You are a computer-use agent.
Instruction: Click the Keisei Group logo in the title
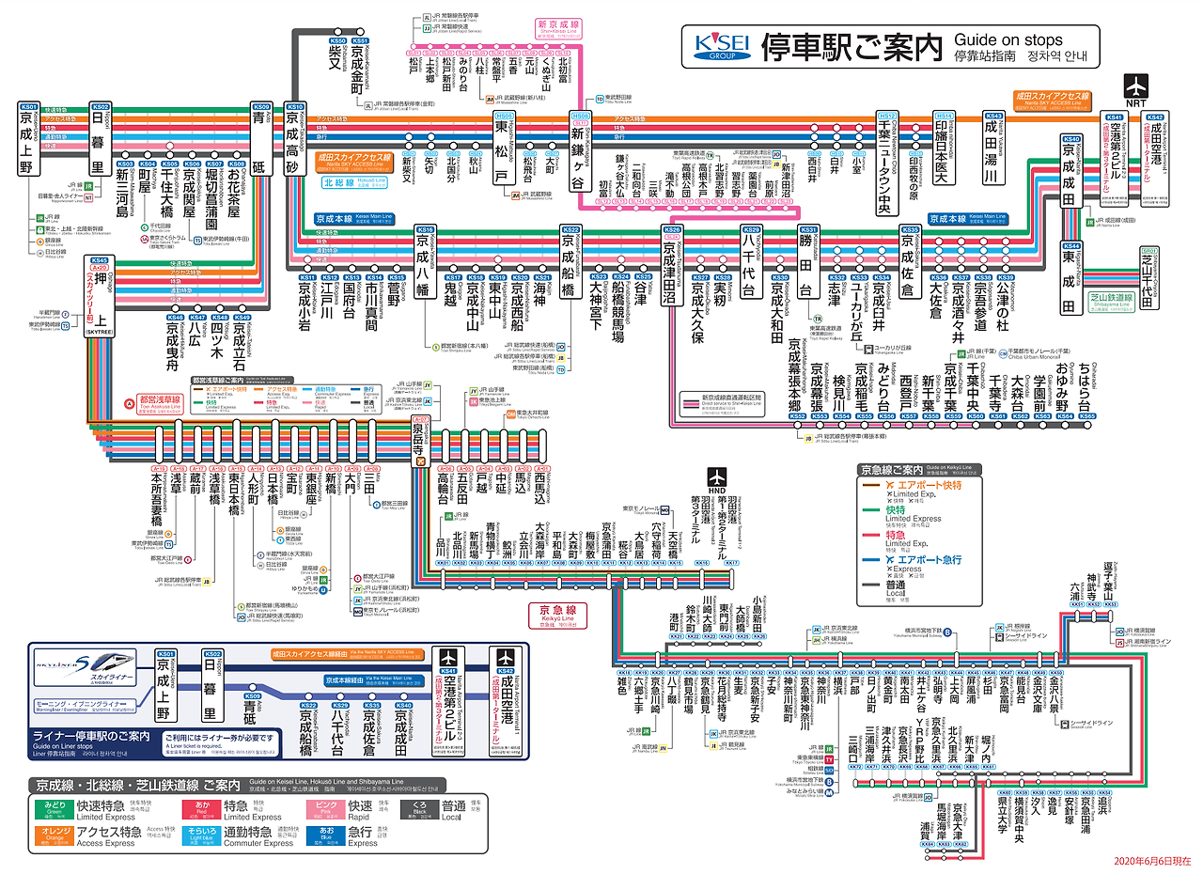click(720, 46)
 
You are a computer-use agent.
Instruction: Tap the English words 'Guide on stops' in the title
click(1008, 40)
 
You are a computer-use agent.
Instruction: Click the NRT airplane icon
click(1137, 90)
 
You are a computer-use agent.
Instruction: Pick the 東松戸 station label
click(504, 149)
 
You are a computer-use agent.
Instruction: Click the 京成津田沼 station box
click(671, 273)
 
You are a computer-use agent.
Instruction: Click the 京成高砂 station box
click(294, 149)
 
